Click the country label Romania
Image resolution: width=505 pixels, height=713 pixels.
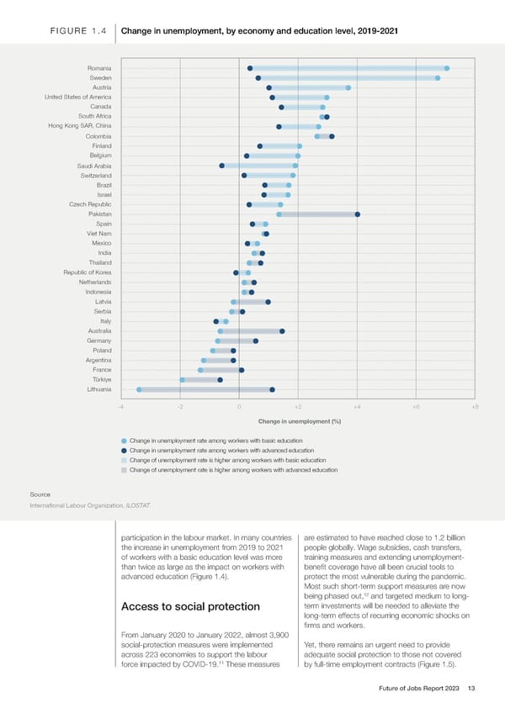point(98,68)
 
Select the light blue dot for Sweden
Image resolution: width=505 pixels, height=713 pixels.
point(438,78)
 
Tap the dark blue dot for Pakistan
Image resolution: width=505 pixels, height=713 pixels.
point(358,214)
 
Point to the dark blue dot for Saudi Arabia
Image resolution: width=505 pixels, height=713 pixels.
point(221,166)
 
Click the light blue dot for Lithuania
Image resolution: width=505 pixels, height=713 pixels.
point(139,390)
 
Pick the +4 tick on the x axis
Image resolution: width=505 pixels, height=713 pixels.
point(357,407)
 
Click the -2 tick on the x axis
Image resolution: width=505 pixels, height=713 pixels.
point(180,407)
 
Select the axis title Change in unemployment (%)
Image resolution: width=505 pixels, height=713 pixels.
point(299,421)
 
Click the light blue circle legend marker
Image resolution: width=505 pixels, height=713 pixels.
point(124,441)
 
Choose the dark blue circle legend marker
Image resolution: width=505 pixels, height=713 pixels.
point(124,451)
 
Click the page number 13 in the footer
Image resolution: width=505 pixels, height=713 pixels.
point(471,689)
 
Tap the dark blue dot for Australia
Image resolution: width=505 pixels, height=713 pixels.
point(282,331)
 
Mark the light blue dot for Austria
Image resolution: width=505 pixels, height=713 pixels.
point(348,87)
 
